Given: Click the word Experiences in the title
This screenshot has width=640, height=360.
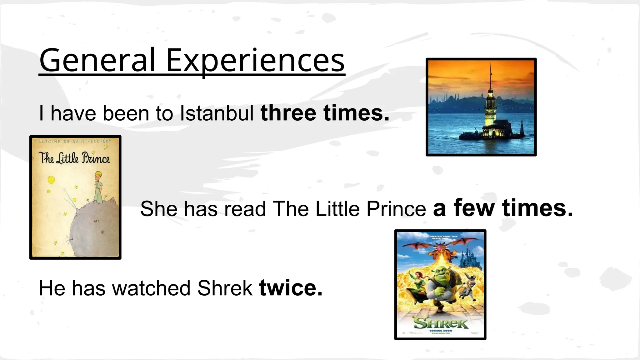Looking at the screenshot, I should coord(255,60).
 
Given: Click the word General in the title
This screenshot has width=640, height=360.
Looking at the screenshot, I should coord(97,60).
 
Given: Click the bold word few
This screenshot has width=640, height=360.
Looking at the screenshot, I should coord(474,208).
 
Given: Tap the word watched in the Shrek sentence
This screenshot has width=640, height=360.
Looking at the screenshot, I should coord(151,288).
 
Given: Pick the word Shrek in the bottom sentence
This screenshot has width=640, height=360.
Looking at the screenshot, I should coord(225,288).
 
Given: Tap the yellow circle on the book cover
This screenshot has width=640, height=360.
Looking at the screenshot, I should coord(51,180).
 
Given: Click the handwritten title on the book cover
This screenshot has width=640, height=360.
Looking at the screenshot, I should coord(74,158).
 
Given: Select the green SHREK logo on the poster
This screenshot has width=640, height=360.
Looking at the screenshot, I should coord(441,323).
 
